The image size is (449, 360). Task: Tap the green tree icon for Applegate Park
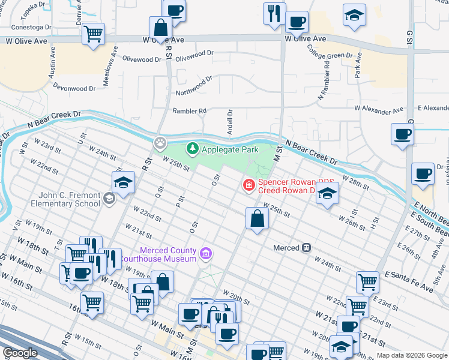pyautogui.click(x=193, y=148)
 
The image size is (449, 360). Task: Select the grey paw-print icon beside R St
pyautogui.click(x=160, y=143)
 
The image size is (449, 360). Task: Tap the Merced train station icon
pyautogui.click(x=306, y=247)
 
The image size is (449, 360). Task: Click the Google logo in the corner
pyautogui.click(x=20, y=353)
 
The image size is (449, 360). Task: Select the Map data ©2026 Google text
pyautogui.click(x=412, y=355)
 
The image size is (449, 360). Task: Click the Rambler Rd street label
pyautogui.click(x=189, y=111)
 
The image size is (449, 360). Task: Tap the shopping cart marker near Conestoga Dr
pyautogui.click(x=93, y=35)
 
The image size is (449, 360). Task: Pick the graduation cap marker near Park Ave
pyautogui.click(x=354, y=15)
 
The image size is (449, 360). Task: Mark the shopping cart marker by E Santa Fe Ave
pyautogui.click(x=367, y=281)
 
